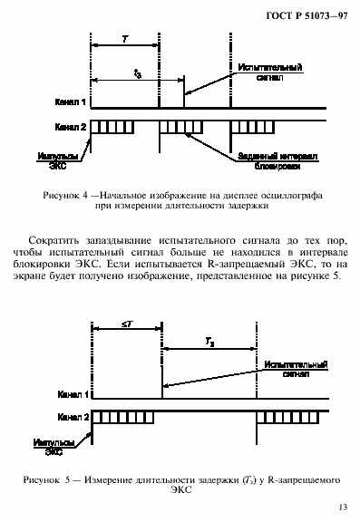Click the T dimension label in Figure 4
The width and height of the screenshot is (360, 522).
[x=123, y=41]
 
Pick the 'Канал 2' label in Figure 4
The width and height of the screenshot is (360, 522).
[x=70, y=127]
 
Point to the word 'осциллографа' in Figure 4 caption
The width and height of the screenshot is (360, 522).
[x=290, y=195]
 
